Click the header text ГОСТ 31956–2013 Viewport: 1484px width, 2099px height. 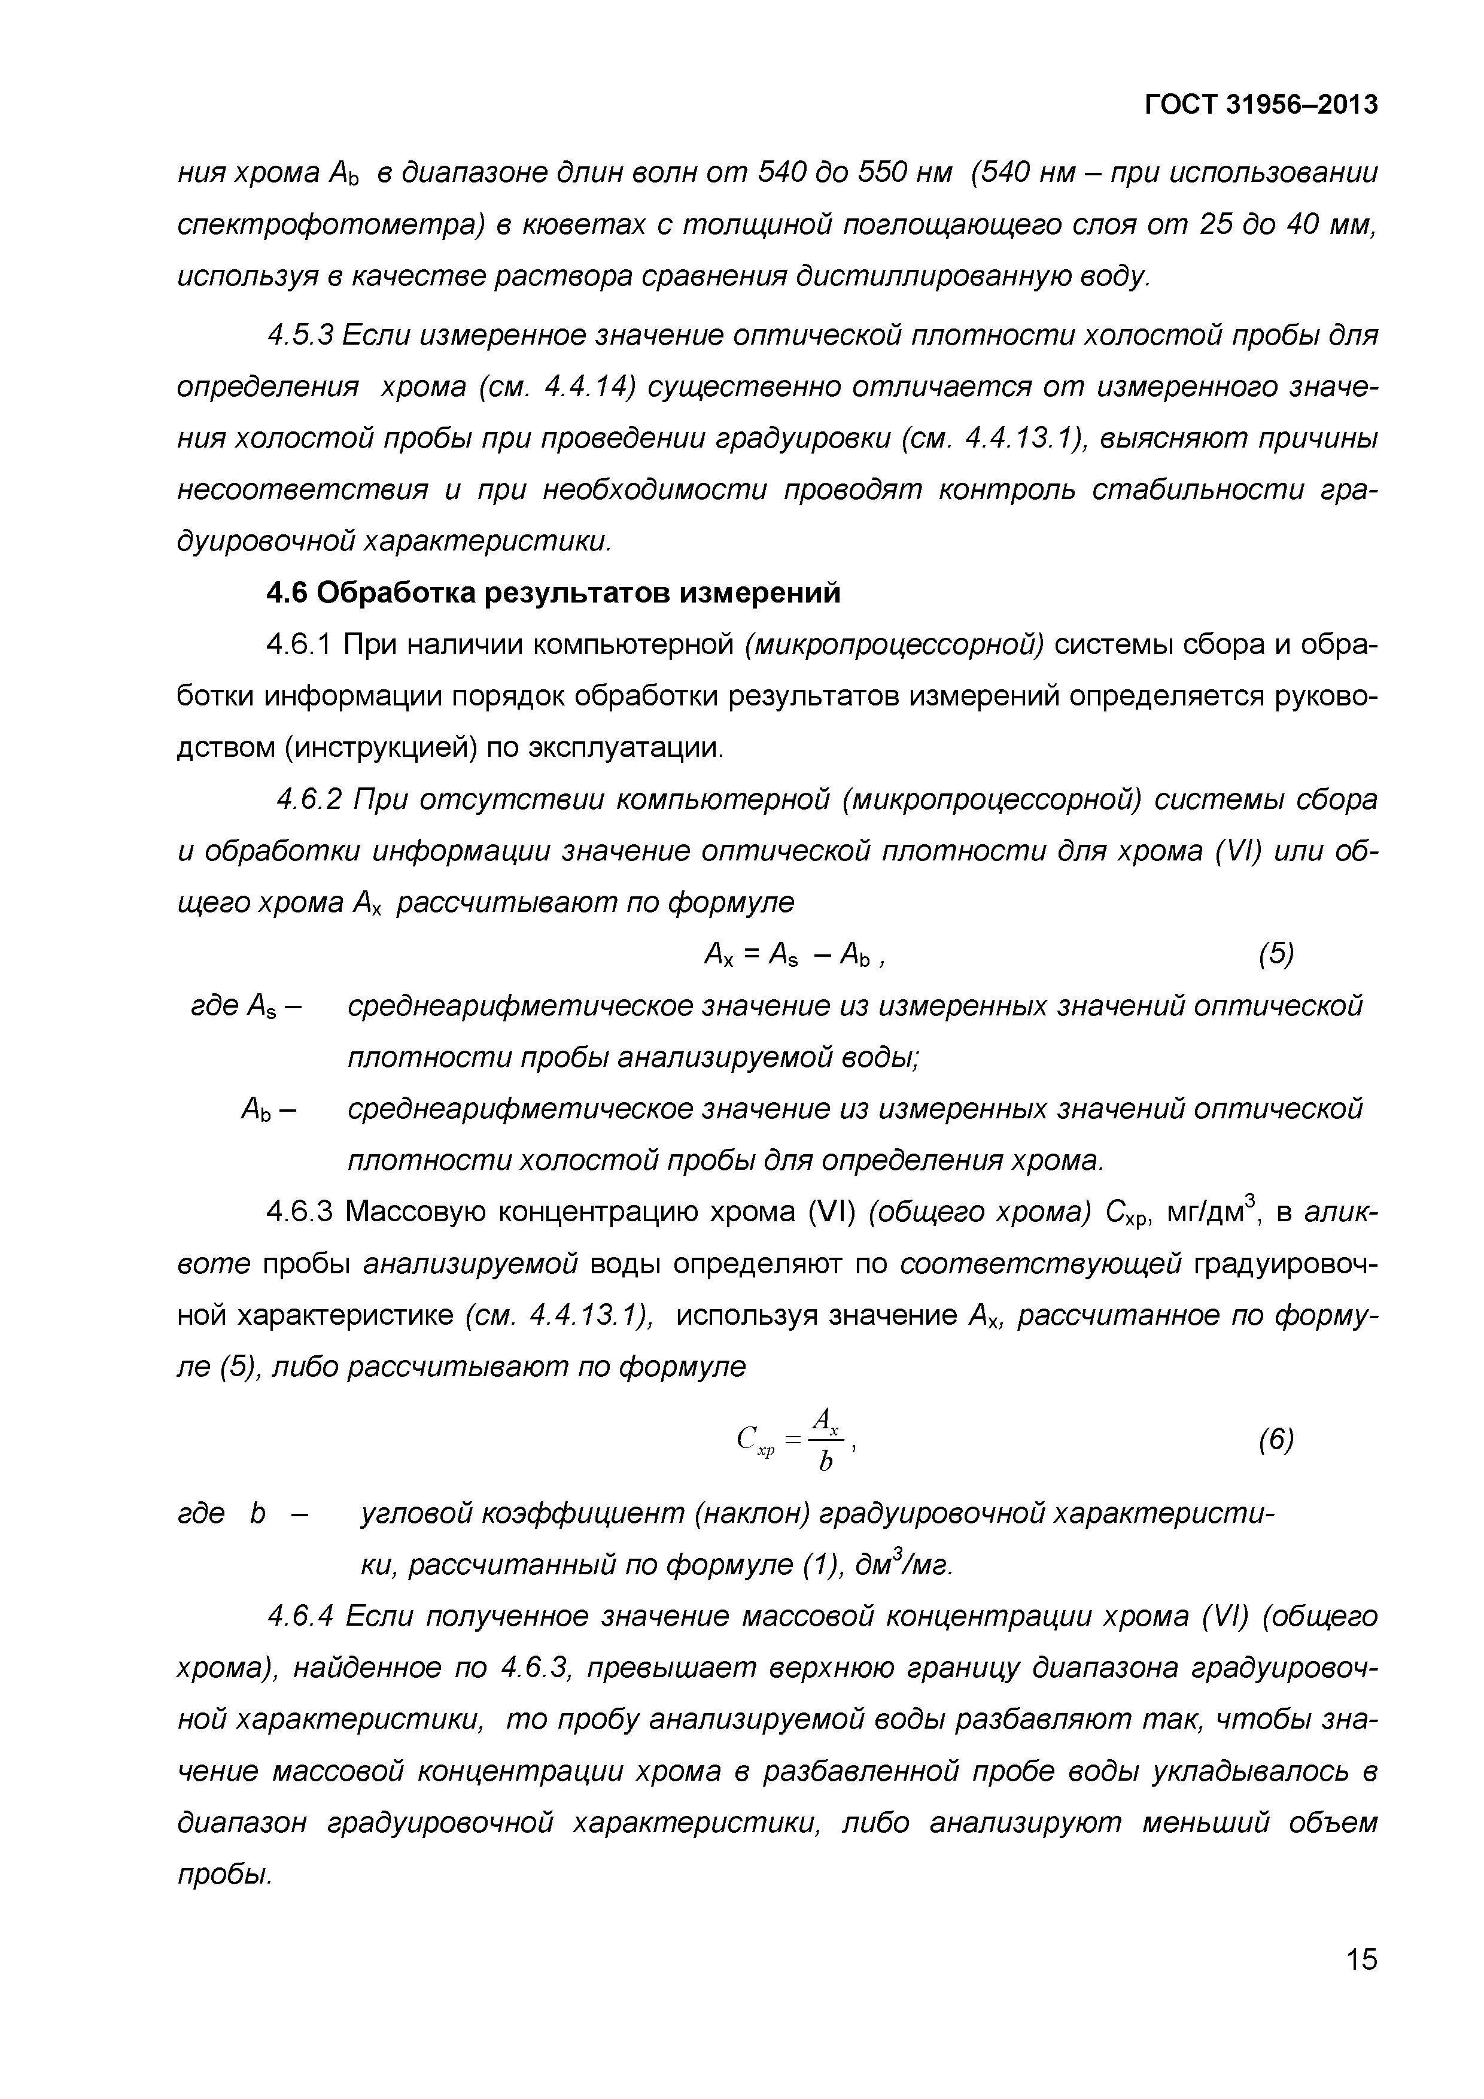(1261, 106)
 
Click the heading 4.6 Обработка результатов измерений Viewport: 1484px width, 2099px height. (552, 594)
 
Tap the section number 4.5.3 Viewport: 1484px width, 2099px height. (302, 336)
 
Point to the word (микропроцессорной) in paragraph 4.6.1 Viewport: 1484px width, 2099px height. (894, 646)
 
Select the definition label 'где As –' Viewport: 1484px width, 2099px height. (246, 1006)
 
